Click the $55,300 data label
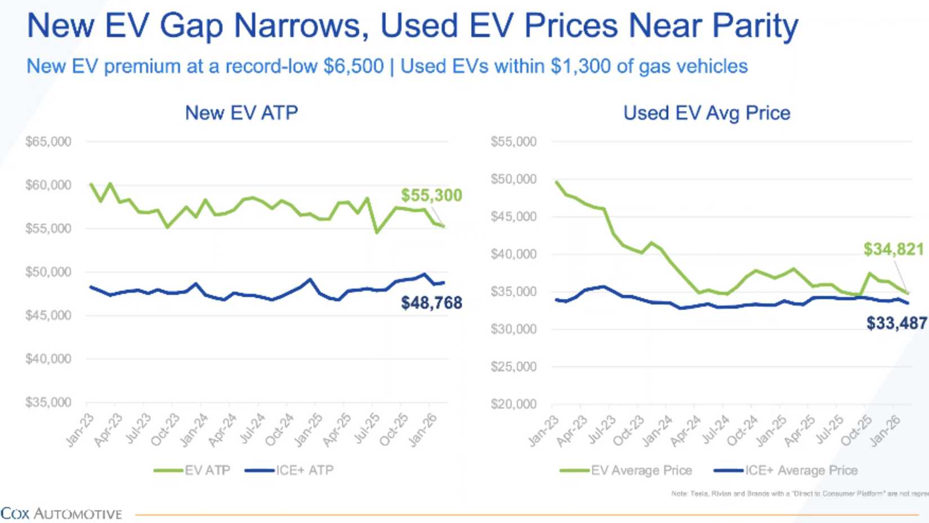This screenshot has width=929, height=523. (431, 196)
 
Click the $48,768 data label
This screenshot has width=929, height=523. (431, 303)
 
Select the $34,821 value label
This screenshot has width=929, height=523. (894, 249)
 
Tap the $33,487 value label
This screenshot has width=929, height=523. (896, 323)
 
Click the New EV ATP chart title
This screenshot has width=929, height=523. (242, 113)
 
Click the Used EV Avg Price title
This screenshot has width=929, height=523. (707, 113)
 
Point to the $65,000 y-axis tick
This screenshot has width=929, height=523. (48, 141)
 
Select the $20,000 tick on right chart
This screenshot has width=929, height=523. (513, 404)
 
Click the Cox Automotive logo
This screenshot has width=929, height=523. (61, 514)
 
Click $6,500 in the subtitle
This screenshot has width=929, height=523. (353, 67)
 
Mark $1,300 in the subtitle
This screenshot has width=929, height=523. (580, 67)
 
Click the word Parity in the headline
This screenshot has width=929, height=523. (755, 26)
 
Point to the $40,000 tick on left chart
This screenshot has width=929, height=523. (48, 359)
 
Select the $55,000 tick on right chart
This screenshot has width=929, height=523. (513, 141)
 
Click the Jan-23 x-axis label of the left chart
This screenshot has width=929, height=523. (80, 431)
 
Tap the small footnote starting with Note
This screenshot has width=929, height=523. (798, 494)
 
